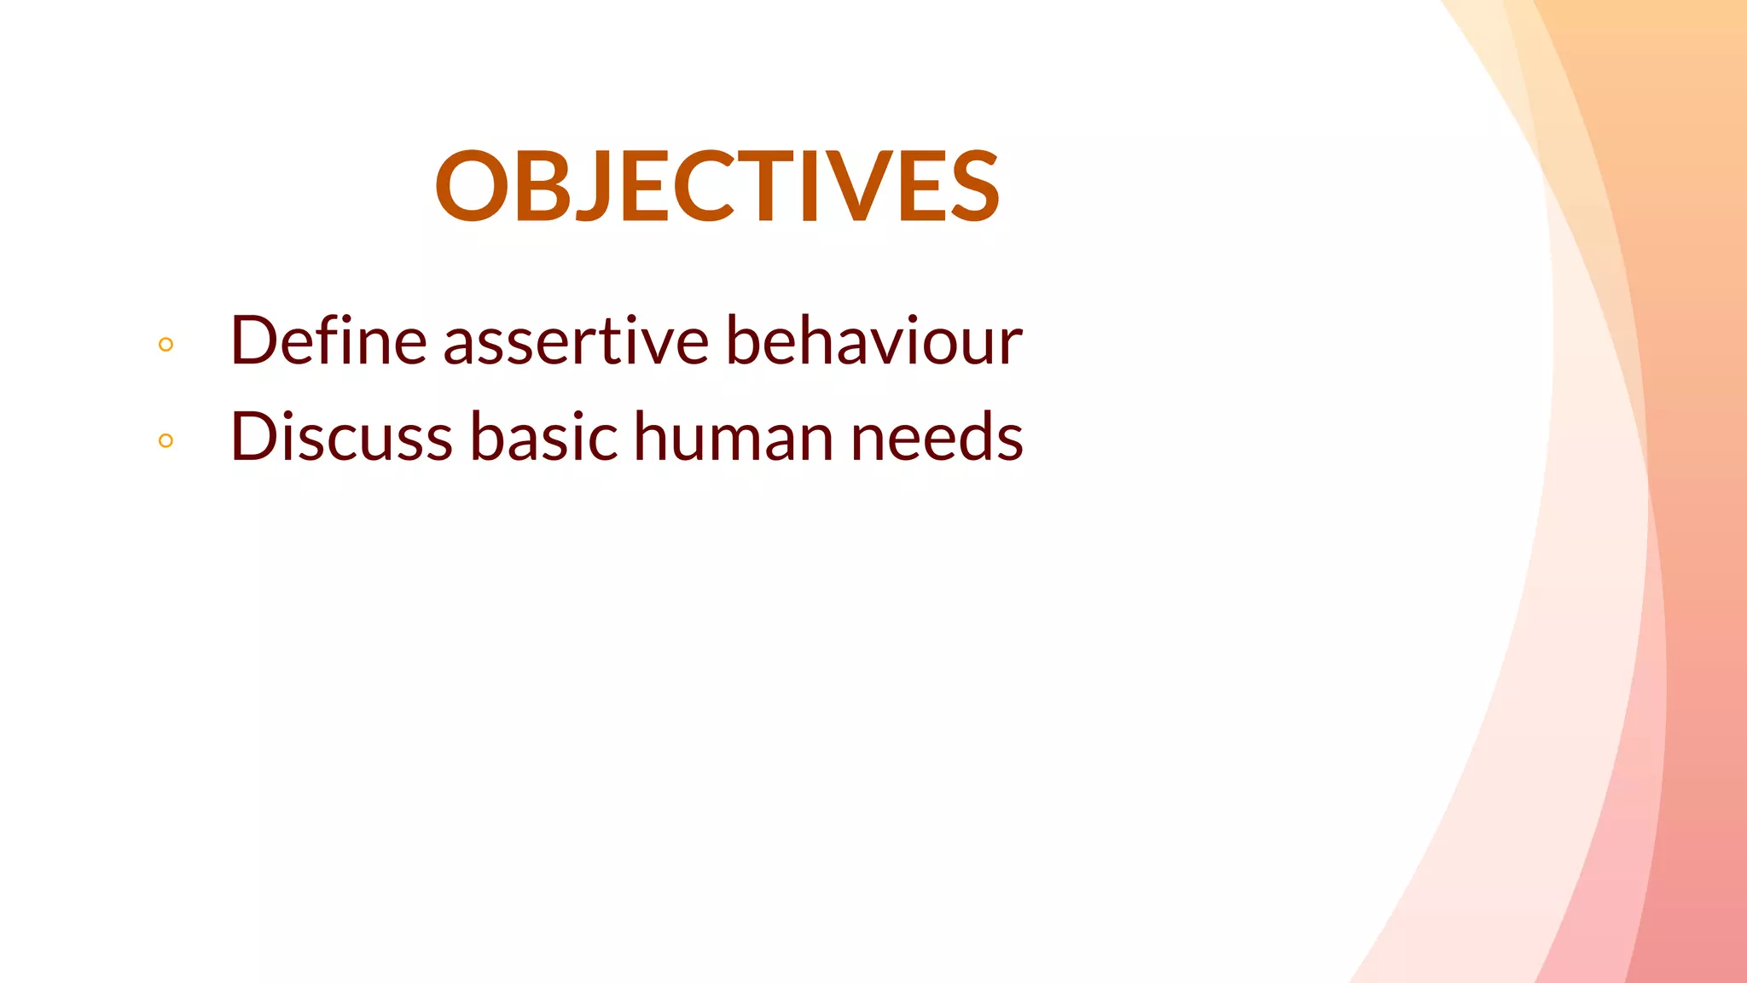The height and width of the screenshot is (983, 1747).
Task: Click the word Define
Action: pos(328,340)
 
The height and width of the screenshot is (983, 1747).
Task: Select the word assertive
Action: pos(576,340)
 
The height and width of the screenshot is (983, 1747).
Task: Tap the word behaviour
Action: pos(873,340)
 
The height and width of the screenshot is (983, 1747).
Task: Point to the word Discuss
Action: pos(341,437)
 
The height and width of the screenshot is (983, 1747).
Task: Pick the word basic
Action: pos(543,437)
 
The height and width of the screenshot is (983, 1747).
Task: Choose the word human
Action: pos(733,437)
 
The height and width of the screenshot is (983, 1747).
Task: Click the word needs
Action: pos(937,437)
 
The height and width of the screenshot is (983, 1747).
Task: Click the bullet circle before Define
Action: pos(166,345)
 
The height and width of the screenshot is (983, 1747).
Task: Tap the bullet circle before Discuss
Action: pos(166,441)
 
